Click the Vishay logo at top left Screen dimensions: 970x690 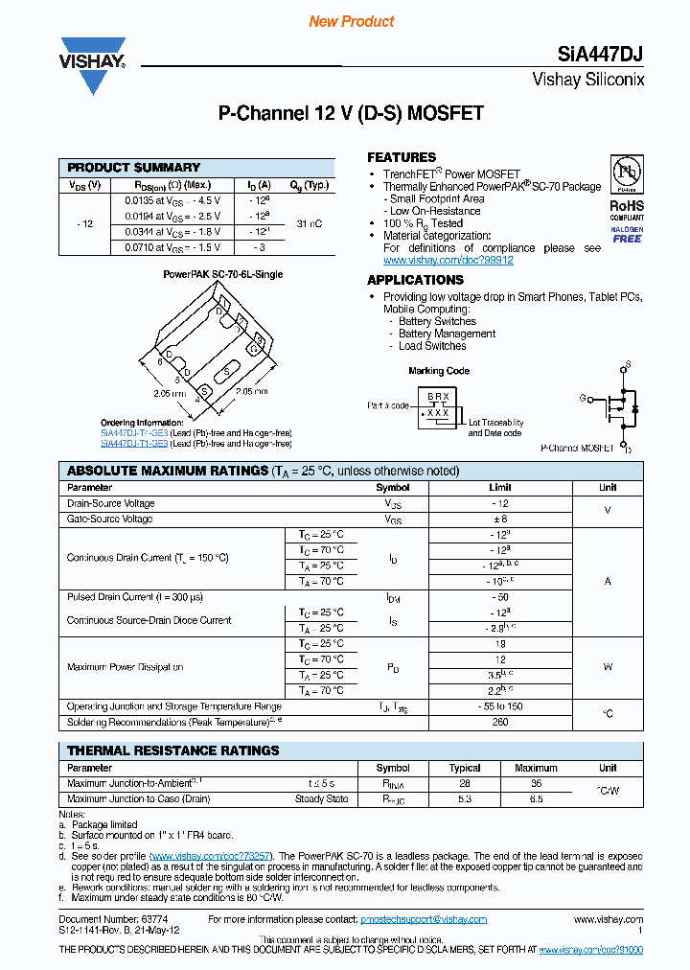(x=93, y=65)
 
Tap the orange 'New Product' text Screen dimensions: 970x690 (x=352, y=21)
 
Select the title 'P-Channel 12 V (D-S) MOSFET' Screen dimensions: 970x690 (x=351, y=113)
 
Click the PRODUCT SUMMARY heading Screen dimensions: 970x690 (x=134, y=168)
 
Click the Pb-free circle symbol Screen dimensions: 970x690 (x=627, y=174)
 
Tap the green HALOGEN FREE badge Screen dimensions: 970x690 (x=627, y=234)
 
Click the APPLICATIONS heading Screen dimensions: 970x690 (x=415, y=280)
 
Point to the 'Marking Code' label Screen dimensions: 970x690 (x=439, y=371)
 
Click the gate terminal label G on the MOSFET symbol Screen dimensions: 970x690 (x=582, y=397)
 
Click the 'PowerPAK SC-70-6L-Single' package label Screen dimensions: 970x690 (x=222, y=274)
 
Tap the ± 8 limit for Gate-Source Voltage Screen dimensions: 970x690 (x=499, y=519)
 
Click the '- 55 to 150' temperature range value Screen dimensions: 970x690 (x=499, y=706)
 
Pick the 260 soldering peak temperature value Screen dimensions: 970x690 (x=499, y=722)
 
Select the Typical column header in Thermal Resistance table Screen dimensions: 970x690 (x=465, y=768)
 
